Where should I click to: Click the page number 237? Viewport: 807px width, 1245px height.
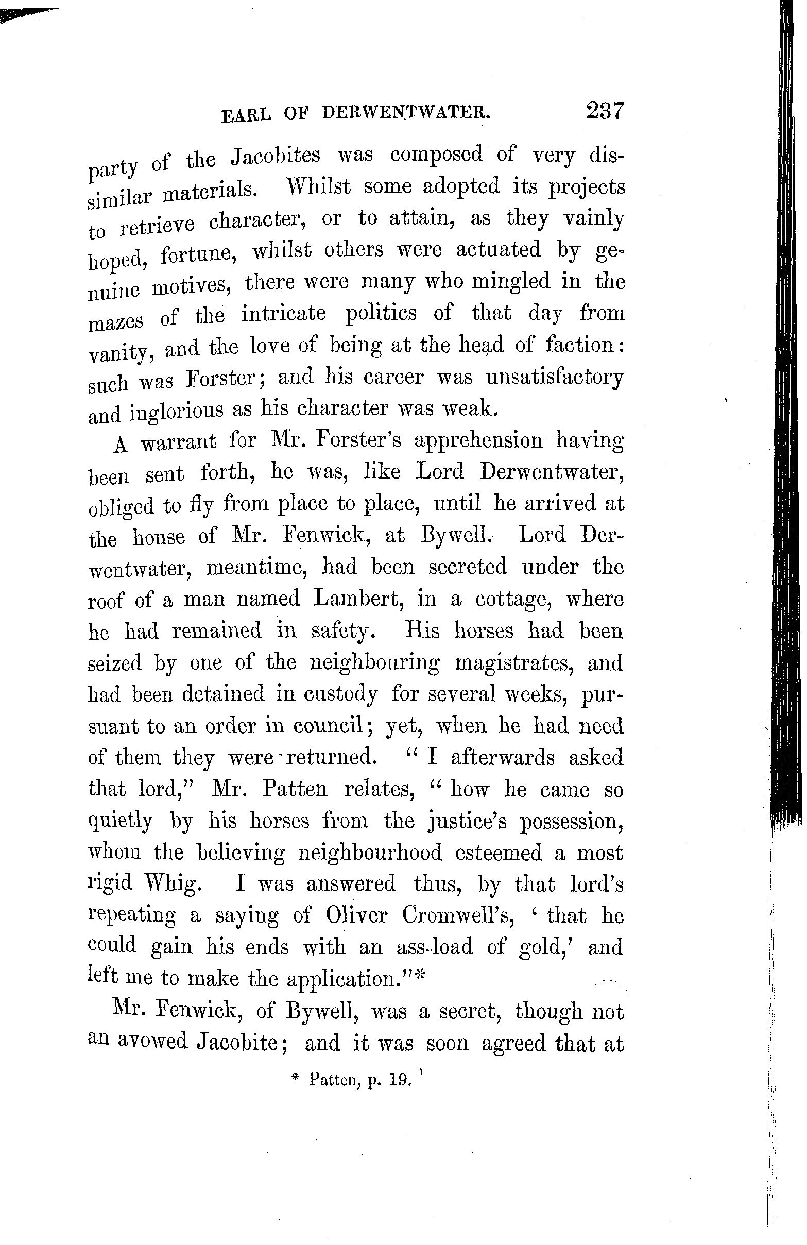[605, 111]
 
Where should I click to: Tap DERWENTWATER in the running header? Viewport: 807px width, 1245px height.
[406, 112]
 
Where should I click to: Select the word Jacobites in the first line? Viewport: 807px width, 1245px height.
[276, 156]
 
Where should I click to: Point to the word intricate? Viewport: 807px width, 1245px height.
[283, 314]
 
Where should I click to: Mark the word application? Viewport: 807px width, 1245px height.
[343, 979]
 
